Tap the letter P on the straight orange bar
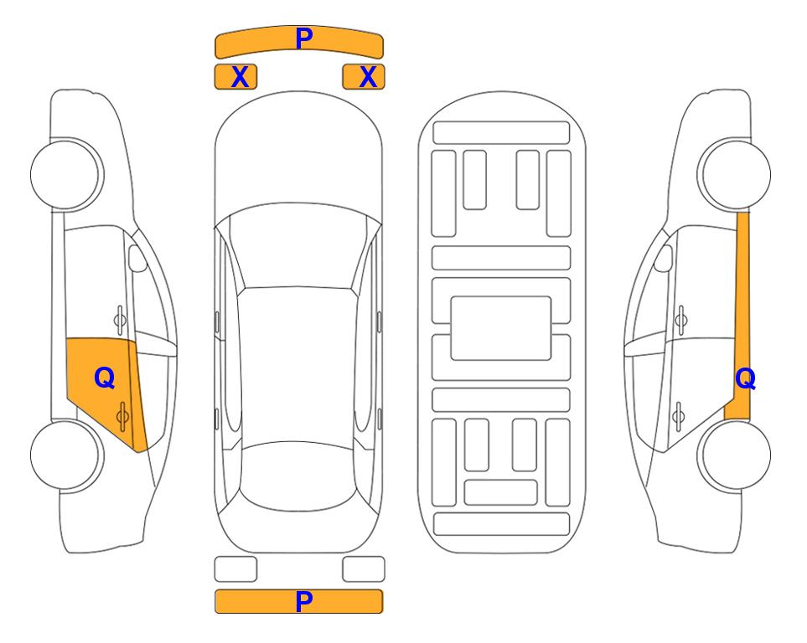[303, 601]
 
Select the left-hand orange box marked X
[235, 77]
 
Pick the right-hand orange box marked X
[364, 77]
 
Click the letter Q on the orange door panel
[105, 378]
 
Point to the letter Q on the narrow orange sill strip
[745, 378]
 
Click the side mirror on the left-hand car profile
[137, 258]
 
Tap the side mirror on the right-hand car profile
[664, 258]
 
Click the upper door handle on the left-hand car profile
[120, 320]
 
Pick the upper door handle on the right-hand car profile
[681, 320]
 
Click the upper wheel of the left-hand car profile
[66, 175]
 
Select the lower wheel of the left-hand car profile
[66, 455]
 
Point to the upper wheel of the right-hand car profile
[734, 175]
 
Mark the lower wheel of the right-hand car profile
[734, 455]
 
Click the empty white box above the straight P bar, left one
[235, 569]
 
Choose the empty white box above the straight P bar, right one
[364, 569]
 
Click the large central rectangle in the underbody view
[501, 328]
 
